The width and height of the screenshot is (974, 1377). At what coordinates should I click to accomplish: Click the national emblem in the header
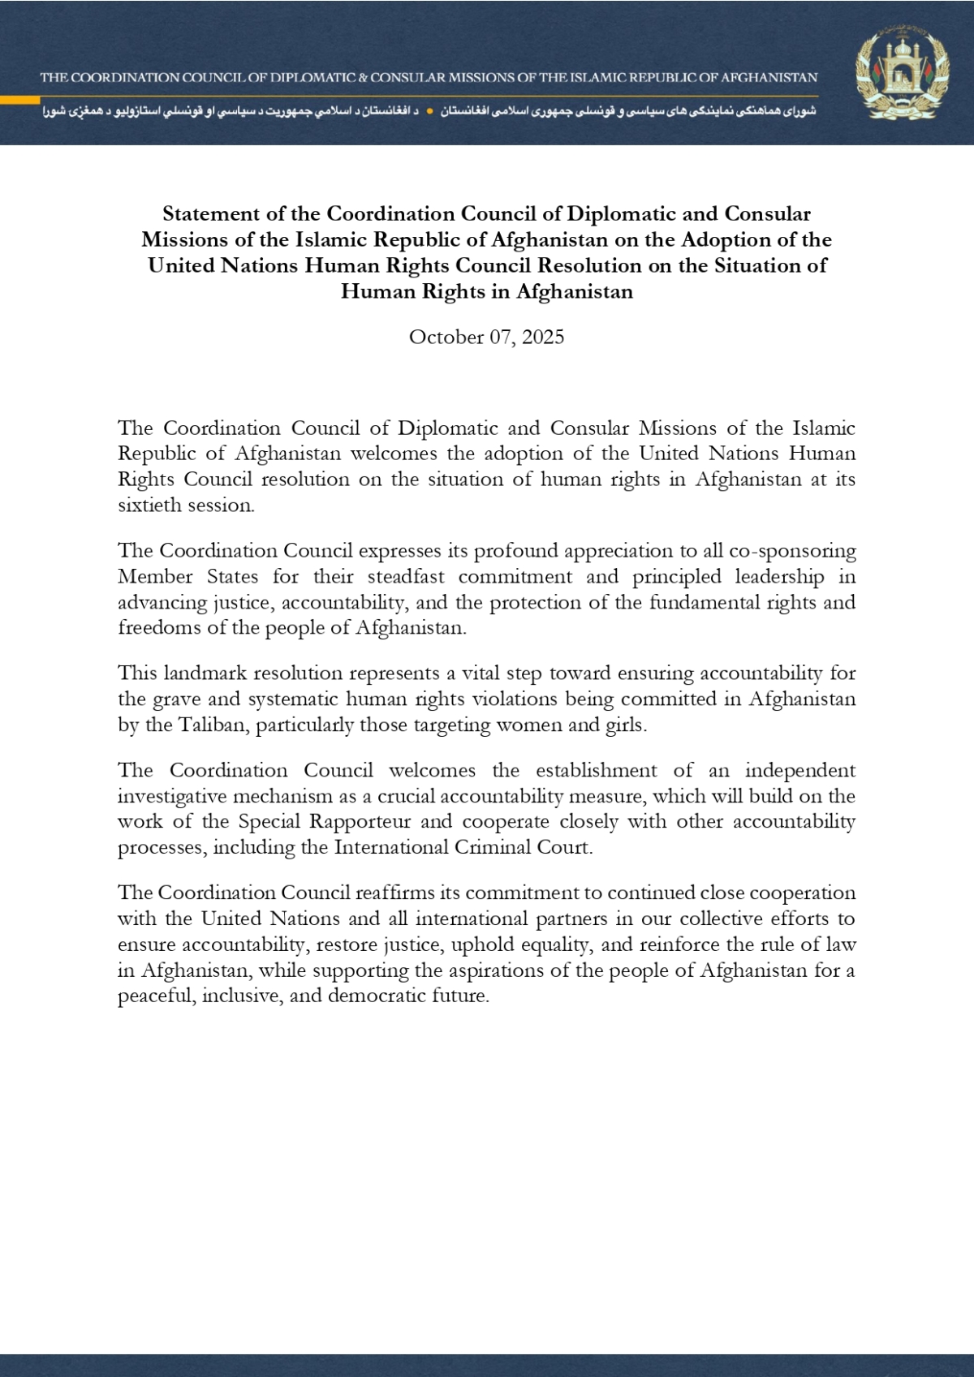tap(901, 77)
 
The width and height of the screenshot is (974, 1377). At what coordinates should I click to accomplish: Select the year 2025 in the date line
tap(543, 338)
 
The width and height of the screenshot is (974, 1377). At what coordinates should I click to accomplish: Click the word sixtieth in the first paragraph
tap(149, 505)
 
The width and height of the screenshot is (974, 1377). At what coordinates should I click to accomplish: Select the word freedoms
tap(154, 628)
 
